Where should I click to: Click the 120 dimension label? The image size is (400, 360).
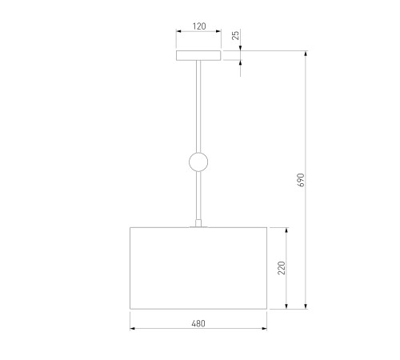point(199,26)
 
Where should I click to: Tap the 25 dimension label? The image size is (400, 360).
point(236,35)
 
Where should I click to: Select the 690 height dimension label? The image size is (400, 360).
point(301,180)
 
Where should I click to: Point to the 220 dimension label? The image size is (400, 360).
point(282,268)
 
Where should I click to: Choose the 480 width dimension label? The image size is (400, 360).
point(198,323)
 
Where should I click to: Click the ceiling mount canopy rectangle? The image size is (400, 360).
point(198,55)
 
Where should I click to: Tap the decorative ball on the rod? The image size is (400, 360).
point(198,162)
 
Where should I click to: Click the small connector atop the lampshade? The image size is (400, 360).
point(198,223)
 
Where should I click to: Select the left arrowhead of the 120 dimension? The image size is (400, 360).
point(178,31)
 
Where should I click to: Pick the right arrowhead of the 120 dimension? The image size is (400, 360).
point(218,31)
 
